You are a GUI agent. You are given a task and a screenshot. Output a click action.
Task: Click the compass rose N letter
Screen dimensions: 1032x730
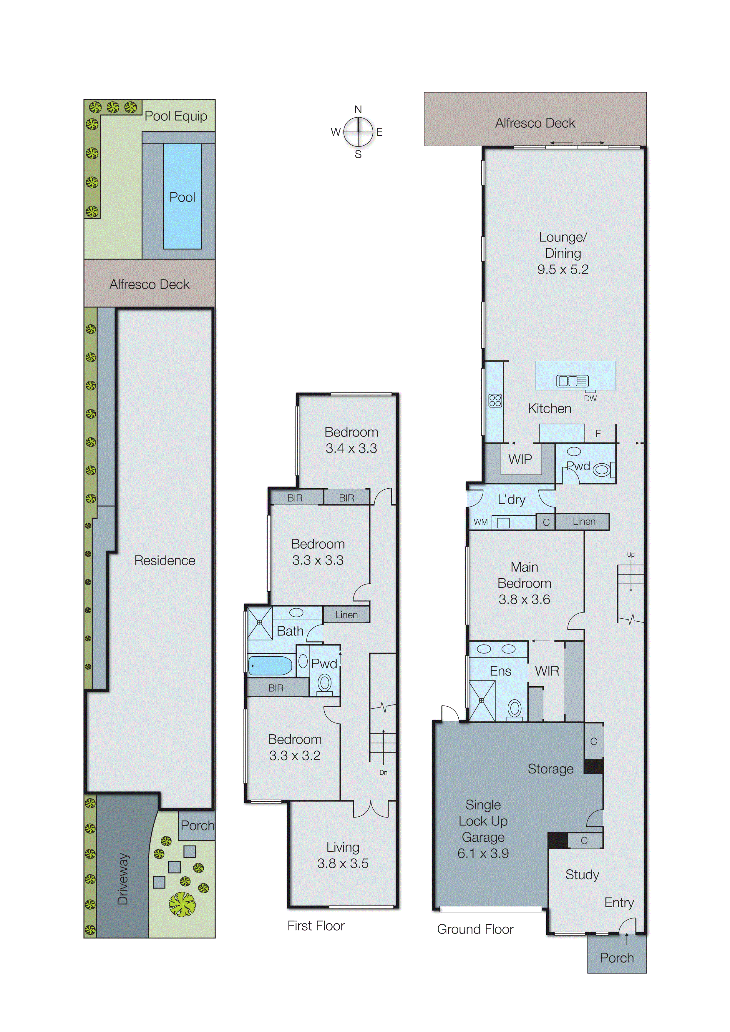tap(358, 109)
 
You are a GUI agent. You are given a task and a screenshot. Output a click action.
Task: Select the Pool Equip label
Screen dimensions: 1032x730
tap(175, 116)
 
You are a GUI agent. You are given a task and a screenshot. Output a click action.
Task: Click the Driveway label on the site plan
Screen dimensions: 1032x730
tap(123, 879)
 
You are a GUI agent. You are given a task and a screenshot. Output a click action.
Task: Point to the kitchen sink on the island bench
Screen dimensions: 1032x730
tap(572, 381)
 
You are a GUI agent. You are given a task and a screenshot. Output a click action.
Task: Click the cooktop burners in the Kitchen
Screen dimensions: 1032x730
tap(495, 400)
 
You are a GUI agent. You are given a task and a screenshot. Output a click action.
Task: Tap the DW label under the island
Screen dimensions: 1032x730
tap(590, 398)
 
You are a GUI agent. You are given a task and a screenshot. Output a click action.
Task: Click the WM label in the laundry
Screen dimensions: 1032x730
tap(480, 522)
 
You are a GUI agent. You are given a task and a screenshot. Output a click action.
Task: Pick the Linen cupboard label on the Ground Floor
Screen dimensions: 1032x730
tap(584, 521)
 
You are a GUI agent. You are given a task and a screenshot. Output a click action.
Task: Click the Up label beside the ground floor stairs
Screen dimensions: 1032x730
tap(631, 555)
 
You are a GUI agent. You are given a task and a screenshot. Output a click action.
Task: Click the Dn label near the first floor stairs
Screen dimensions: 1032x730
tap(383, 772)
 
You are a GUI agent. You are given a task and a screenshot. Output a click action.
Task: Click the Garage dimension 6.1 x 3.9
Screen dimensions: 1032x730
tap(483, 853)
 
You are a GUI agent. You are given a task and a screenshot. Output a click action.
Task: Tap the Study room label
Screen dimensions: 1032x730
tap(582, 874)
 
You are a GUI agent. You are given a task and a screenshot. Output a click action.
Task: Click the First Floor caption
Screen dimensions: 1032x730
tap(316, 926)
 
